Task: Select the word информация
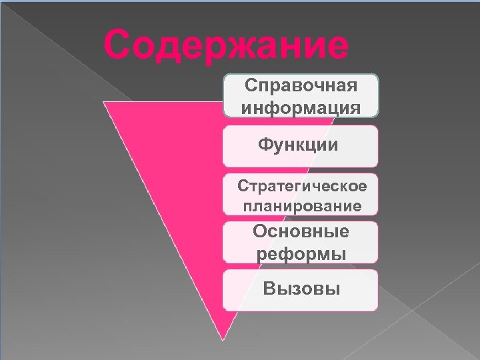301,107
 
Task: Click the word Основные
301,231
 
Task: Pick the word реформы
301,254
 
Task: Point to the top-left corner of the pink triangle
104,102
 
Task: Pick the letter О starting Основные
260,231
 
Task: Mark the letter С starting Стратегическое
243,185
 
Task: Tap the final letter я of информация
355,107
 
